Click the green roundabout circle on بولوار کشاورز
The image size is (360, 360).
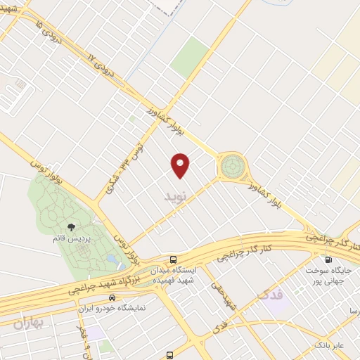coord(231,167)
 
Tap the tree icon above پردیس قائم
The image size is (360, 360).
coord(72,226)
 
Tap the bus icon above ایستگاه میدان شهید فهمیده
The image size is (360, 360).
coord(174,259)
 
